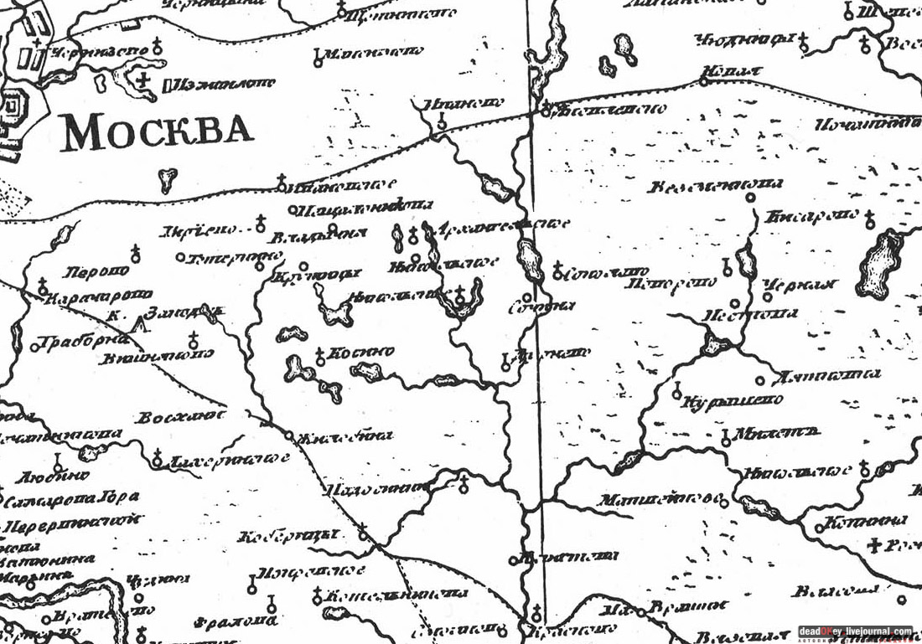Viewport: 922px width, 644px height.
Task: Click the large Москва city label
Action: (x=158, y=133)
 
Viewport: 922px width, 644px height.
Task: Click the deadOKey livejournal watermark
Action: (x=854, y=631)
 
